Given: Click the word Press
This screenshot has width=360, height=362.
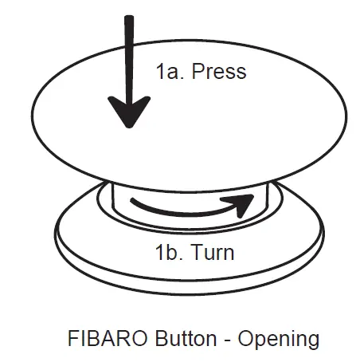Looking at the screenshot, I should tap(217, 72).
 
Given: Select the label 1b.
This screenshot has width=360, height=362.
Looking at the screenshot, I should tap(169, 254).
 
